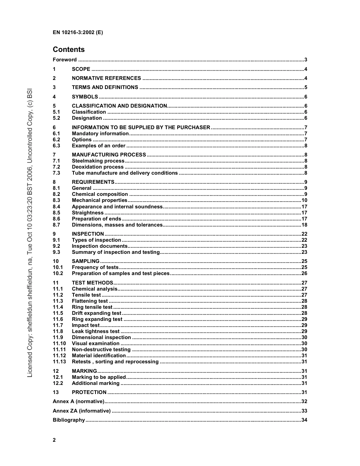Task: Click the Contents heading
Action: click(x=69, y=50)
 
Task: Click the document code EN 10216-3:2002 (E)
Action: click(x=78, y=32)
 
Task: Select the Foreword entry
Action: click(x=65, y=60)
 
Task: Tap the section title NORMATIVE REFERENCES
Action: click(x=106, y=78)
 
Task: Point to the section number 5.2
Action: click(x=56, y=118)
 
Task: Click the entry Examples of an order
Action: click(x=99, y=146)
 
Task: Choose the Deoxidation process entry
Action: click(x=98, y=167)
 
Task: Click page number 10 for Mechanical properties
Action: click(x=304, y=200)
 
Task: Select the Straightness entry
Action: click(x=88, y=213)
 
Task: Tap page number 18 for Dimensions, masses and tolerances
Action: click(x=304, y=225)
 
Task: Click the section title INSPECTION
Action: click(x=88, y=234)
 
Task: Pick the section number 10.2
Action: click(x=58, y=274)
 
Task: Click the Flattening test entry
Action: click(x=90, y=301)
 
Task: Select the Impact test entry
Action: click(x=86, y=325)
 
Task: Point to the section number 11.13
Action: click(x=59, y=362)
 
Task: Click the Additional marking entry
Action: click(x=95, y=383)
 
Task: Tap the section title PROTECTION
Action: click(x=89, y=393)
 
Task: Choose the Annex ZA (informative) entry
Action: click(x=81, y=411)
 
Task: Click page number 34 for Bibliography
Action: click(x=304, y=420)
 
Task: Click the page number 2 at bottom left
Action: click(x=54, y=440)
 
